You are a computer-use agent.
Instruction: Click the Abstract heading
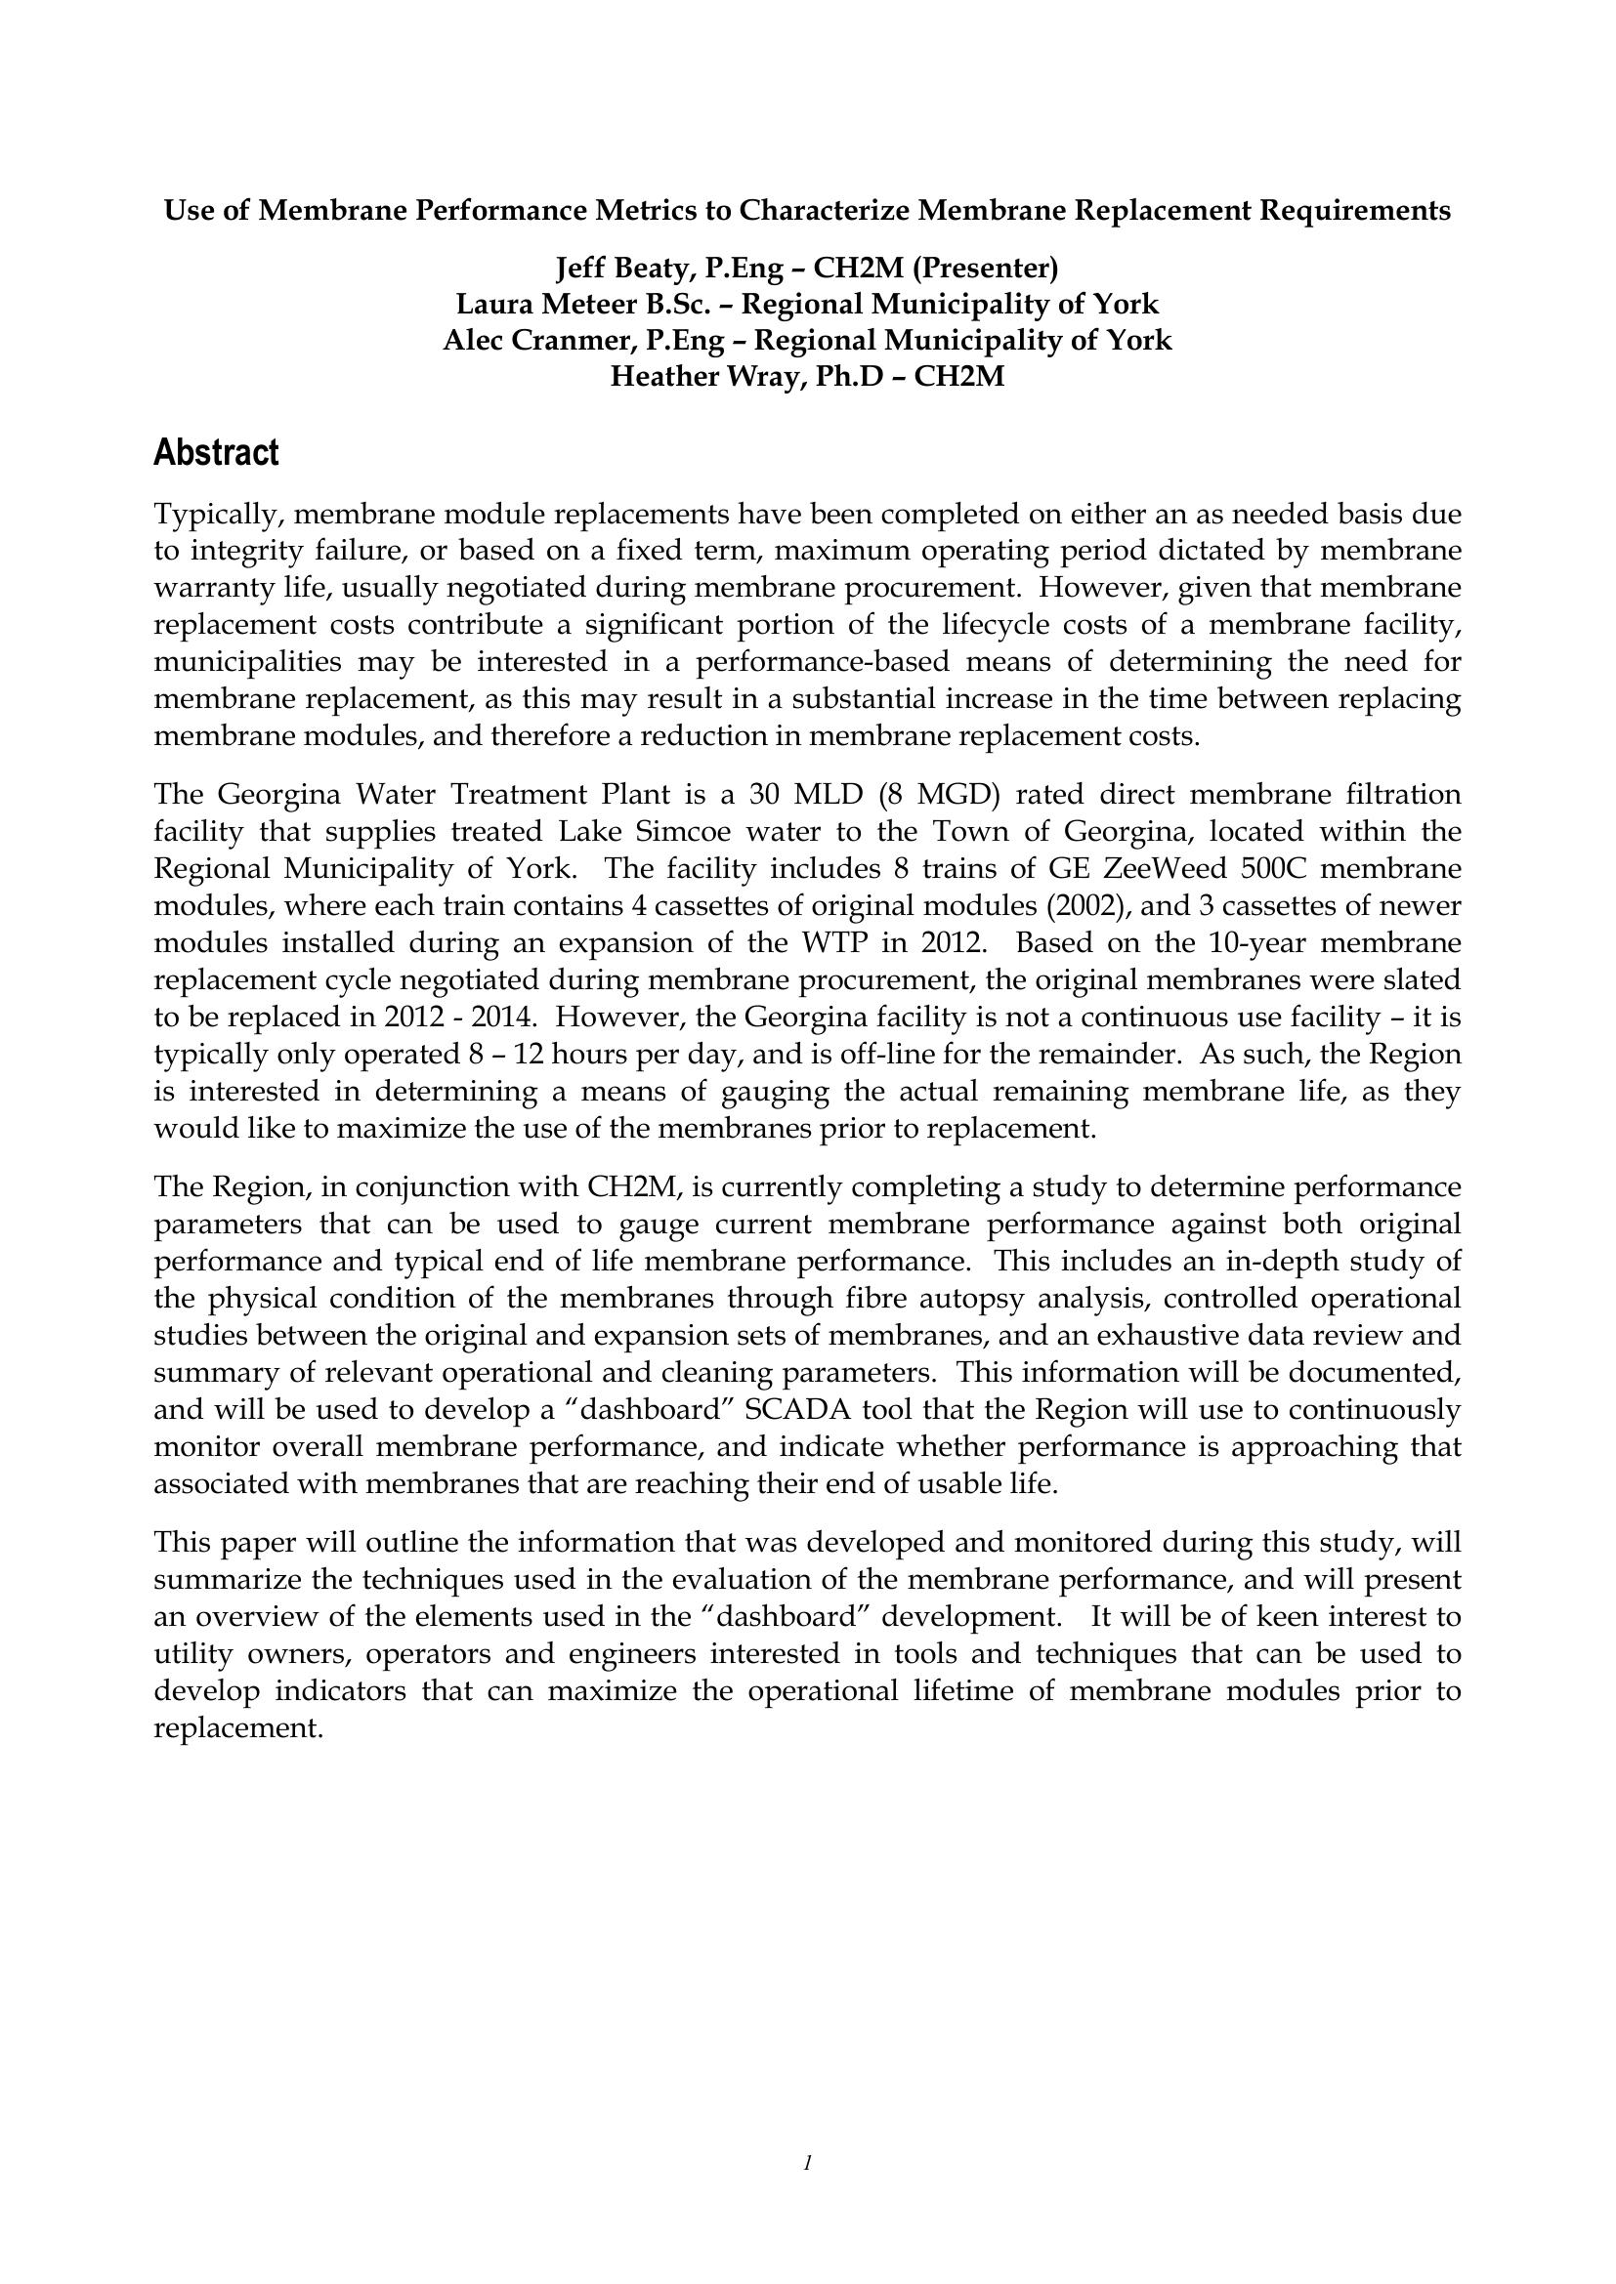point(216,454)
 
